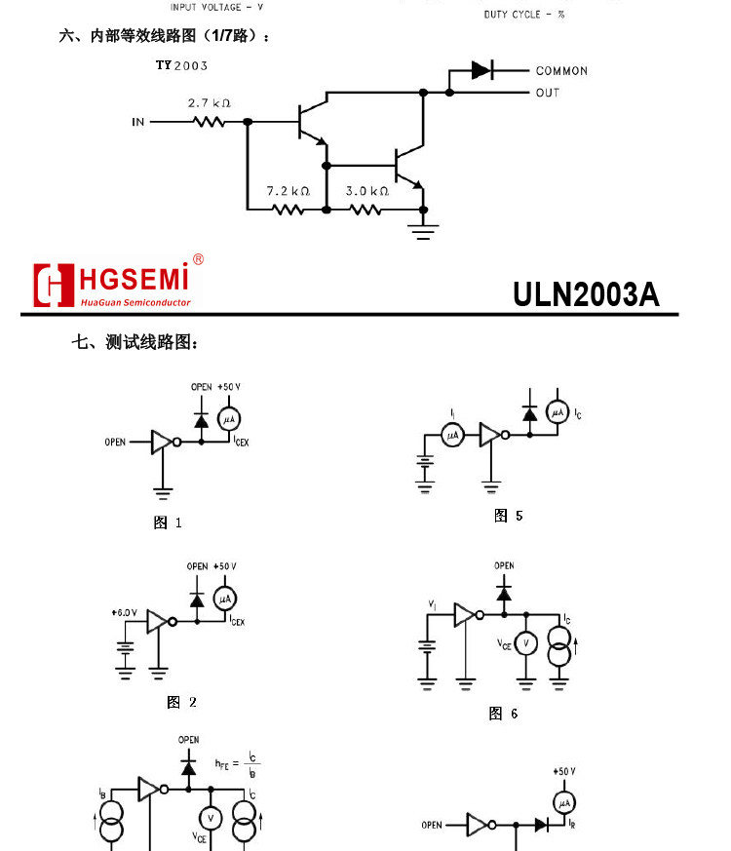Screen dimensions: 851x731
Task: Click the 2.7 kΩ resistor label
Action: pyautogui.click(x=209, y=103)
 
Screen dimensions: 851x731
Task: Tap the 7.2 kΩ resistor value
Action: pyautogui.click(x=288, y=191)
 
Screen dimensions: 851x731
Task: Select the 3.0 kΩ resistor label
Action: pyautogui.click(x=366, y=191)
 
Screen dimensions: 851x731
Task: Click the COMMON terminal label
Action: pyautogui.click(x=561, y=71)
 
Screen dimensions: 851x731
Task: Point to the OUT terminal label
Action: pyautogui.click(x=547, y=93)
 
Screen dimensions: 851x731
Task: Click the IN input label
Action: pyautogui.click(x=138, y=122)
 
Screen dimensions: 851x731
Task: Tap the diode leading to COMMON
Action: pyautogui.click(x=481, y=70)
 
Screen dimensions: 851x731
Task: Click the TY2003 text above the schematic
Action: pyautogui.click(x=181, y=66)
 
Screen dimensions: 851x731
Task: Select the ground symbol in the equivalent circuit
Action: pyautogui.click(x=424, y=230)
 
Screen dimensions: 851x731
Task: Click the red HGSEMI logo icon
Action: pyautogui.click(x=54, y=285)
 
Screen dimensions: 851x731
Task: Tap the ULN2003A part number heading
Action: pyautogui.click(x=586, y=294)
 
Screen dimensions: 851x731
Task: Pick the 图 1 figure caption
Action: pyautogui.click(x=168, y=522)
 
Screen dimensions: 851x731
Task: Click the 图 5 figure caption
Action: pyautogui.click(x=509, y=516)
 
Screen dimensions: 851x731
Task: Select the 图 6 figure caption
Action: pyautogui.click(x=503, y=714)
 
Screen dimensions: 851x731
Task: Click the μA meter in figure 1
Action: pyautogui.click(x=228, y=419)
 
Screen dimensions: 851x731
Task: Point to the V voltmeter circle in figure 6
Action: pyautogui.click(x=526, y=643)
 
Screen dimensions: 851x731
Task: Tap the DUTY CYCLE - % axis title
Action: pyautogui.click(x=524, y=15)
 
